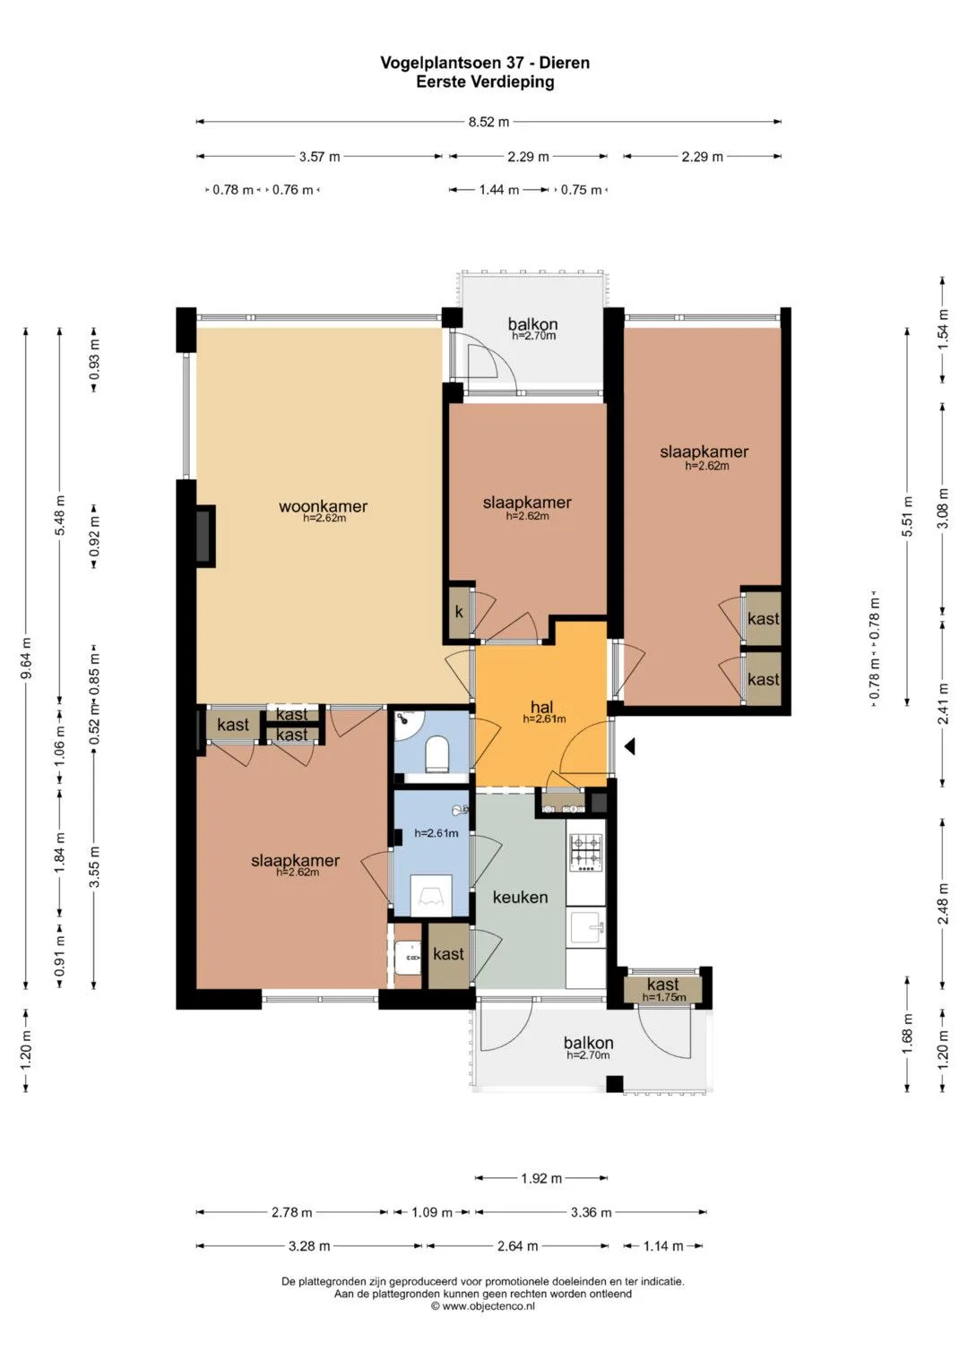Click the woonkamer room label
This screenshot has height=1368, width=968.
point(324,506)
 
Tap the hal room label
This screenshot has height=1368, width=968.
point(542,707)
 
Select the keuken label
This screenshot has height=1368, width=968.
point(520,897)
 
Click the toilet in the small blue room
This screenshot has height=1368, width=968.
point(437,753)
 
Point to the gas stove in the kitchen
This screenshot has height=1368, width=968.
point(586,853)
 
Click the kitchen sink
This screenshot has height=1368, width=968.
point(587,928)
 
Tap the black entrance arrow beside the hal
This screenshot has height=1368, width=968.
point(630,745)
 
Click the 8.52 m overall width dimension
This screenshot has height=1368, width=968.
point(488,122)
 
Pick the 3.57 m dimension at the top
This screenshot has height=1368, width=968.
point(319,157)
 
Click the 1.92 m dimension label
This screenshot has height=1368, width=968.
point(541,1178)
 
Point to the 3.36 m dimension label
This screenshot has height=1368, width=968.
point(591,1212)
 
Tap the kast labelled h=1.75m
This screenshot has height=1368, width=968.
point(663,989)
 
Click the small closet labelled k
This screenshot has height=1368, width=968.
point(459,612)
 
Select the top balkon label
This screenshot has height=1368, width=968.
point(533,324)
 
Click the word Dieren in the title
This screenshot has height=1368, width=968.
point(564,63)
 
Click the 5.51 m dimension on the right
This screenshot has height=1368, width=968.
point(907,517)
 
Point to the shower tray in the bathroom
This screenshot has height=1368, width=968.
point(431,896)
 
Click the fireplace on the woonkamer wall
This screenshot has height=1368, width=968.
point(204,537)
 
